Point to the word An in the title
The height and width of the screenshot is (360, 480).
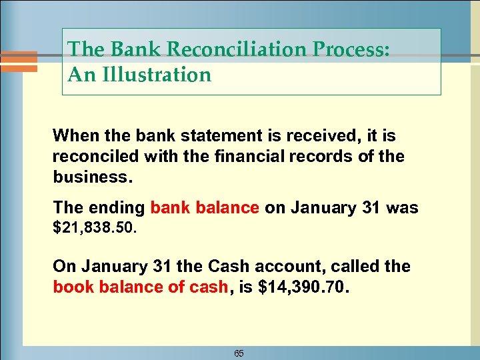(81, 75)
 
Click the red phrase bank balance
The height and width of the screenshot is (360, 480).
(205, 208)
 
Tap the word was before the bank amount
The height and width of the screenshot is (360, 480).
(402, 208)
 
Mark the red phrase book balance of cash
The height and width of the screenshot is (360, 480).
(141, 287)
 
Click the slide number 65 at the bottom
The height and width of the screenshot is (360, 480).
(239, 353)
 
